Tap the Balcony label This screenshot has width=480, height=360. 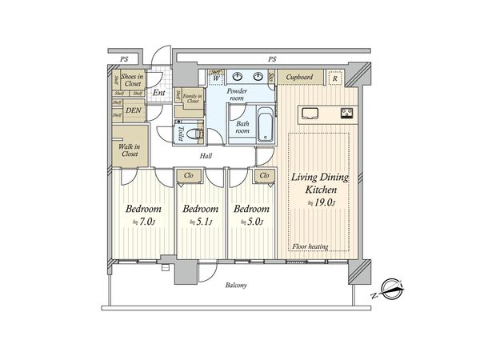click(x=236, y=286)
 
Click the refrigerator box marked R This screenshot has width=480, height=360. click(x=334, y=78)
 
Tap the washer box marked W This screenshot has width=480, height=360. click(x=216, y=78)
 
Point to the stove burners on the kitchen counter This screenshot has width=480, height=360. click(x=348, y=112)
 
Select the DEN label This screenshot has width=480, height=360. click(x=133, y=110)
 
